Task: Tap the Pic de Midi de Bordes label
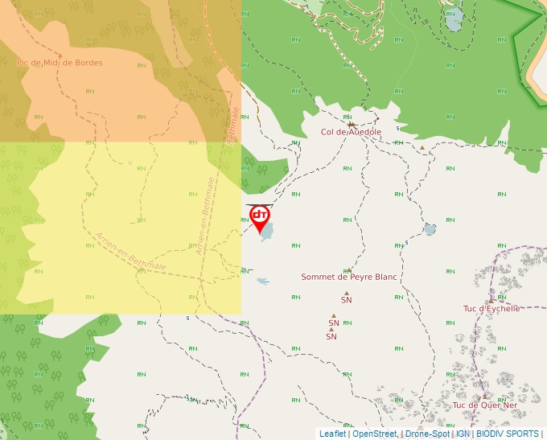pyautogui.click(x=60, y=63)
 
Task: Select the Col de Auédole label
pyautogui.click(x=351, y=133)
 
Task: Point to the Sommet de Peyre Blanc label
pyautogui.click(x=349, y=277)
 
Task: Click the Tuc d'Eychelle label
pyautogui.click(x=491, y=308)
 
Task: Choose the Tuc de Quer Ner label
pyautogui.click(x=484, y=405)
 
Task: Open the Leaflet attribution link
pyautogui.click(x=332, y=434)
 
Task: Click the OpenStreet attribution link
pyautogui.click(x=375, y=434)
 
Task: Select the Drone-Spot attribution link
pyautogui.click(x=427, y=434)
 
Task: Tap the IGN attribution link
pyautogui.click(x=463, y=434)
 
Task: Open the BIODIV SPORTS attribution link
pyautogui.click(x=508, y=434)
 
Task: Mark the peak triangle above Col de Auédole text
pyautogui.click(x=351, y=125)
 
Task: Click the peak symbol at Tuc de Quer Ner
pyautogui.click(x=484, y=396)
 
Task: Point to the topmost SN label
pyautogui.click(x=347, y=300)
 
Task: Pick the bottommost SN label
pyautogui.click(x=331, y=336)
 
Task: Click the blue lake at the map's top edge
pyautogui.click(x=453, y=18)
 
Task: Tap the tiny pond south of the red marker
pyautogui.click(x=262, y=281)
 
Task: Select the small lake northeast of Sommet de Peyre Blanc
pyautogui.click(x=430, y=229)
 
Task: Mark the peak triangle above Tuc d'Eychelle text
pyautogui.click(x=491, y=300)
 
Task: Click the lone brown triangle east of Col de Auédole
pyautogui.click(x=422, y=147)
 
